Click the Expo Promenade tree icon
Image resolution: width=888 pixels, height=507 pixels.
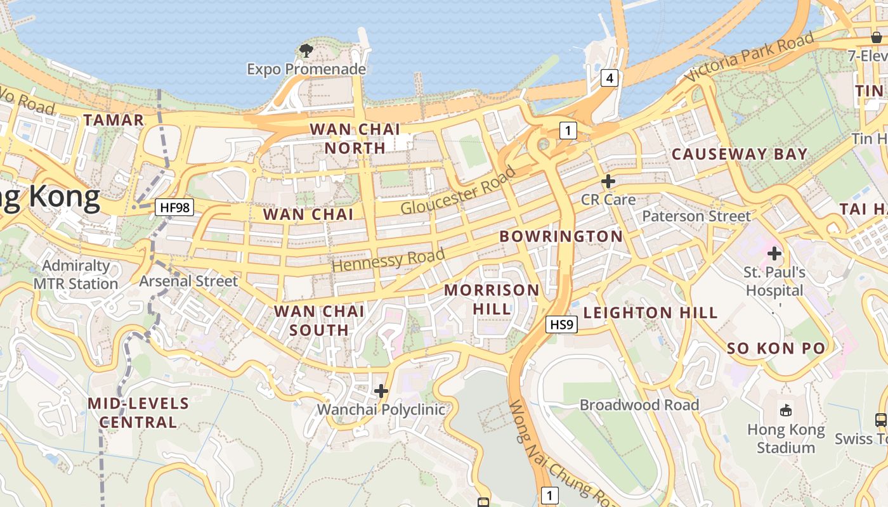point(306,50)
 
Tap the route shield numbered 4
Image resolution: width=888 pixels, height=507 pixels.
point(609,79)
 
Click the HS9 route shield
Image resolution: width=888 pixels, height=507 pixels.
point(561,324)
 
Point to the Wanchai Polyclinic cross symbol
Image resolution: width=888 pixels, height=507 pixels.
point(381,391)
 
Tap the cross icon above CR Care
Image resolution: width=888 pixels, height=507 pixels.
point(608,181)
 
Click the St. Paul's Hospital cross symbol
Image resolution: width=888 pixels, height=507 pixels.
point(774,253)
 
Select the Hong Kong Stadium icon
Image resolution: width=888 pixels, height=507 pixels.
point(786,410)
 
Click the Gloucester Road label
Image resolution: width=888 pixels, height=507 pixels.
point(459,191)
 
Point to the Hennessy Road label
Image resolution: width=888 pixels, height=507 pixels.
point(388,260)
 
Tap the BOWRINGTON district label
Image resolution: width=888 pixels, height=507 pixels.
point(561,236)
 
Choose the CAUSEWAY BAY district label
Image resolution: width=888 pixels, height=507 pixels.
point(740,154)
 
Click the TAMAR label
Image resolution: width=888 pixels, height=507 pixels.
point(114,120)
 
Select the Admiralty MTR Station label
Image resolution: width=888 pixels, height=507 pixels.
point(76,274)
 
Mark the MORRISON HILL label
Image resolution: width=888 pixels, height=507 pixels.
point(492,299)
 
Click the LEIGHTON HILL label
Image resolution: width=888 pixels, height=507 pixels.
point(650,312)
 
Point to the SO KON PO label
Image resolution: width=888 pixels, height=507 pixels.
point(776,348)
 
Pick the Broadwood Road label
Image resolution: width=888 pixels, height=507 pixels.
point(639,404)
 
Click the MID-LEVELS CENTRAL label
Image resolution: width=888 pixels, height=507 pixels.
point(138,413)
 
